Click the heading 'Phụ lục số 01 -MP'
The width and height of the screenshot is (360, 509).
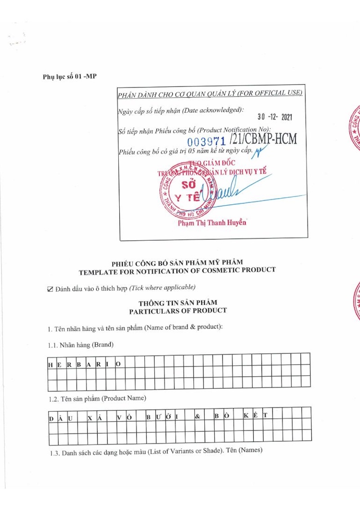70,76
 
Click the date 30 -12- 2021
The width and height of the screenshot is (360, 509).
275,117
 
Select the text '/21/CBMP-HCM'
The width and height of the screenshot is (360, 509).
263,139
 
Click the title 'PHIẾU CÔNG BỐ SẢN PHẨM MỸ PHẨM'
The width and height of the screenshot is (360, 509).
177,262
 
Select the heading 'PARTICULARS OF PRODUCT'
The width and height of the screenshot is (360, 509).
178,311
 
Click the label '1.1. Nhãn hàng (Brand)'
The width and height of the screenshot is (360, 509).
81,345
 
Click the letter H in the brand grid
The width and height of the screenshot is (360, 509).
50,365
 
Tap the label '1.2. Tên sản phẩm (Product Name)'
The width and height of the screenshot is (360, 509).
97,399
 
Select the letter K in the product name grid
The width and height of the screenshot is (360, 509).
246,415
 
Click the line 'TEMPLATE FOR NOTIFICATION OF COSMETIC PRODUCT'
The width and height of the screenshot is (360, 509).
177,270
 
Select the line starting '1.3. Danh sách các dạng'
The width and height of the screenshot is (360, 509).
156,451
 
